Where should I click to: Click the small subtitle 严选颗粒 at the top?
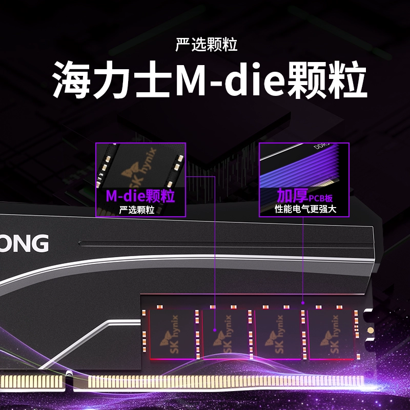click(x=206, y=45)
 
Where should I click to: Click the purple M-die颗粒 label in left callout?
click(x=140, y=196)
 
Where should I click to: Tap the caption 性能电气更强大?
click(x=305, y=209)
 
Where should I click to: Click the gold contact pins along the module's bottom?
click(x=215, y=381)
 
